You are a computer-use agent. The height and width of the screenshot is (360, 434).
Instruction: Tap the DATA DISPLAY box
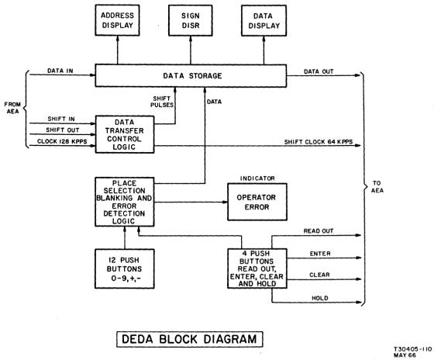point(263,21)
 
